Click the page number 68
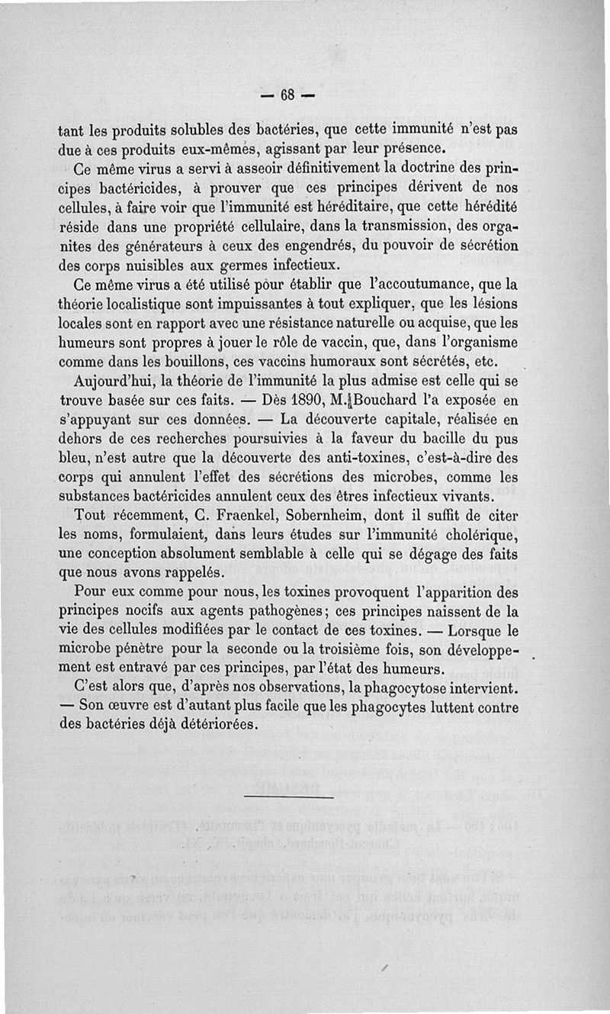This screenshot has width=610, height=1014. [x=287, y=95]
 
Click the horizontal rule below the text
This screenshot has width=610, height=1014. [x=289, y=797]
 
